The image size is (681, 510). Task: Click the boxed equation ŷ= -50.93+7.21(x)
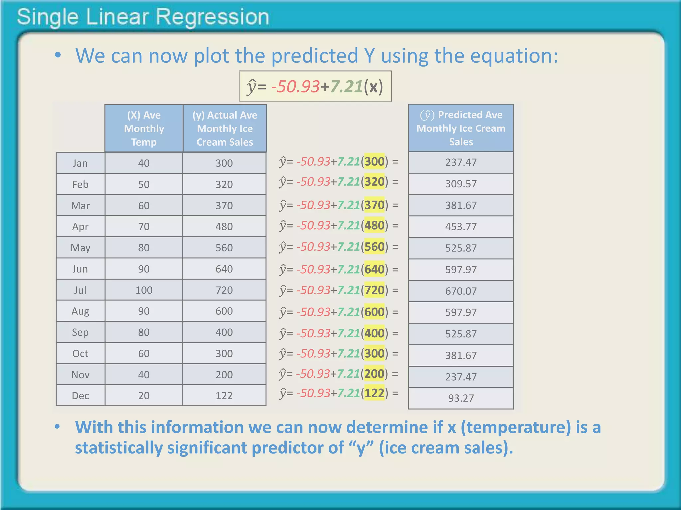[x=315, y=87]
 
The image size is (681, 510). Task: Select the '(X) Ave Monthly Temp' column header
[x=144, y=128]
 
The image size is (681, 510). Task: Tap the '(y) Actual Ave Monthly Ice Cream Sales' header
[x=224, y=128]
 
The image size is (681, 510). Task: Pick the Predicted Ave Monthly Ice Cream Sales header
[x=461, y=128]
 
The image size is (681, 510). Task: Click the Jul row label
[x=80, y=290]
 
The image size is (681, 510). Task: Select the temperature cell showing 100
[x=144, y=290]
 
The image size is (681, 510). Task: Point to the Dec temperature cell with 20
[x=144, y=395]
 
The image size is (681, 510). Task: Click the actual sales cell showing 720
[x=224, y=290]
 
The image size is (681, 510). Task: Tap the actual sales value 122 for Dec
[x=224, y=395]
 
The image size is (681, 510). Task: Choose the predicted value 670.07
[x=461, y=291]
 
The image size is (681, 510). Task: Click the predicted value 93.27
[x=461, y=398]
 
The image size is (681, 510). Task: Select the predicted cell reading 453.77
[x=461, y=226]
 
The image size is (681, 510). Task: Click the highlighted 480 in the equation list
[x=375, y=226]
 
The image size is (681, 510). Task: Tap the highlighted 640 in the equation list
[x=375, y=269]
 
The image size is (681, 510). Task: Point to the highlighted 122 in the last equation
[x=375, y=393]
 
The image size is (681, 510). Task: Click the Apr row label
[x=80, y=226]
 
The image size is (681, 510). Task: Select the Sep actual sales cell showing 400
[x=224, y=332]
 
